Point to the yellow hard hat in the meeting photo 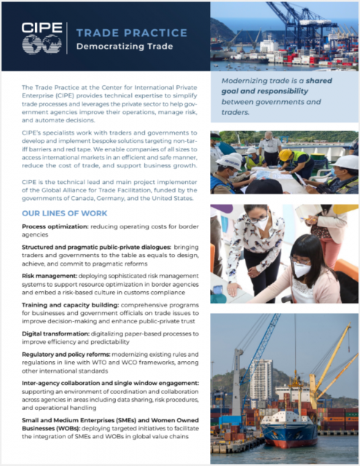[x=286, y=155]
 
